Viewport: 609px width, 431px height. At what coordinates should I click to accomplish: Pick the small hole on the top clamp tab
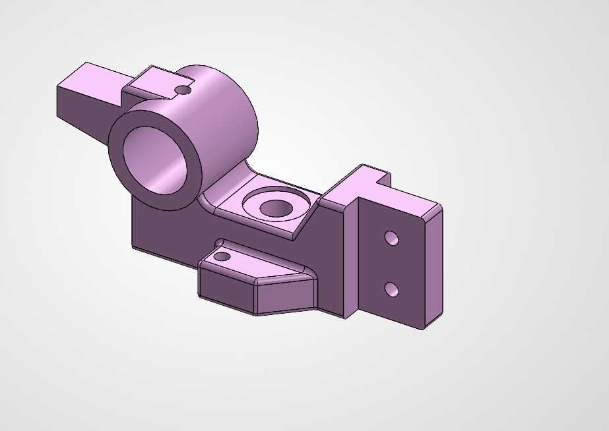click(x=183, y=90)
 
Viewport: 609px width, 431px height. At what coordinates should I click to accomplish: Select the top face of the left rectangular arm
click(x=92, y=78)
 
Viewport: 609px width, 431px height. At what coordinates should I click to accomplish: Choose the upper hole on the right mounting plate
click(x=391, y=237)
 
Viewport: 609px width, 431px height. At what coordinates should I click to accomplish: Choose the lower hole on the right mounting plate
click(x=391, y=289)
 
